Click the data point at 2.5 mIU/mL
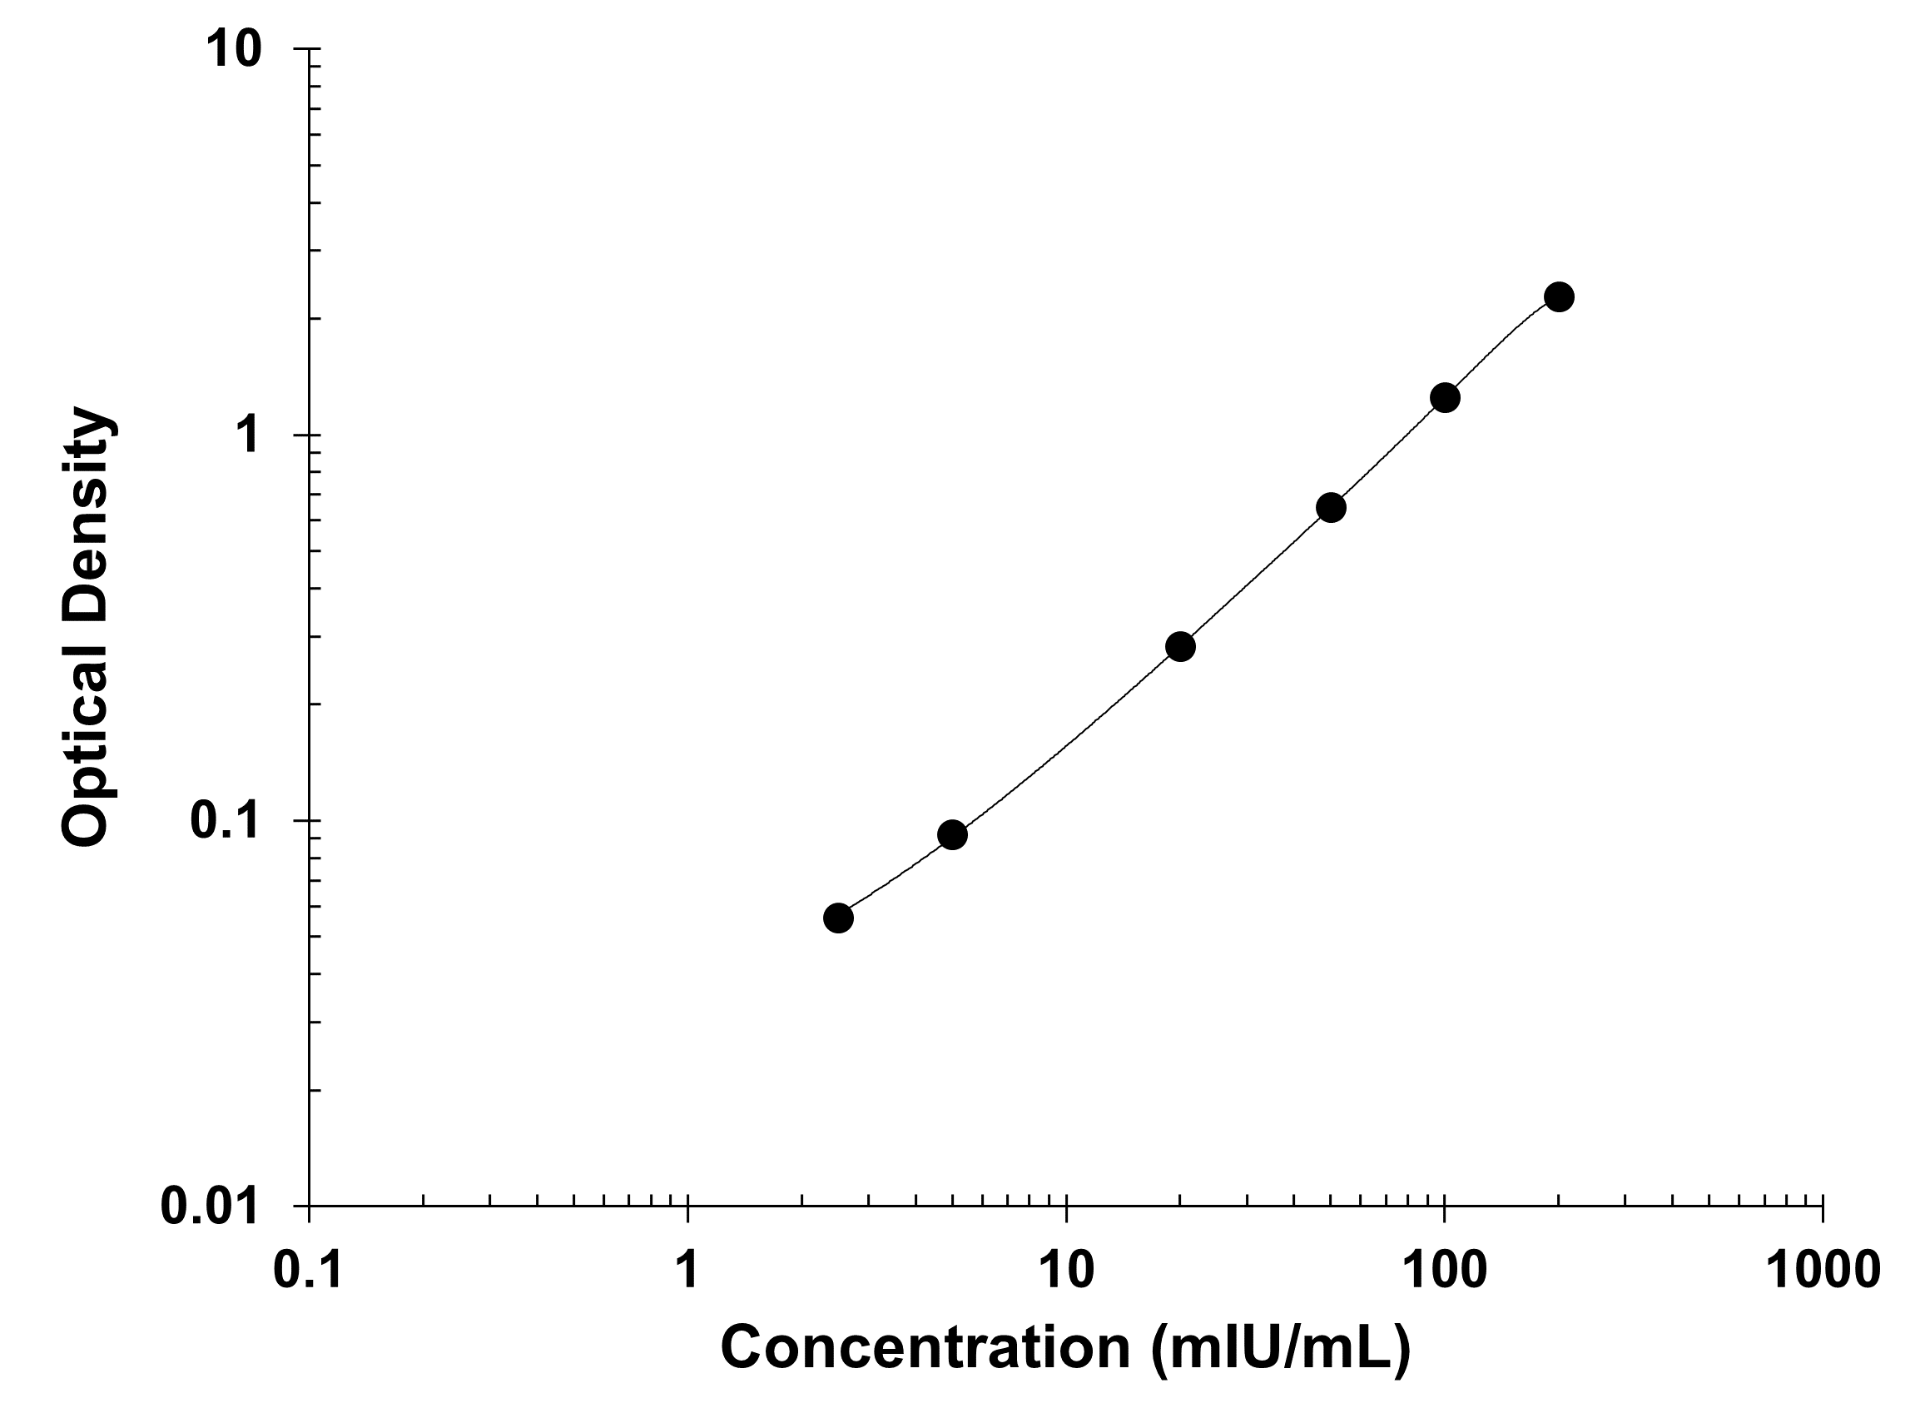(x=837, y=917)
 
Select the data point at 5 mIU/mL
(x=951, y=834)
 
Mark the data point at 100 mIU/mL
(x=1445, y=398)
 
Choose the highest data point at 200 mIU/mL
(x=1559, y=296)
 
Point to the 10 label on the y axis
(x=232, y=50)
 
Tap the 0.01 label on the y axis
(x=210, y=1206)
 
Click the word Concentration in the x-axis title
(x=925, y=1346)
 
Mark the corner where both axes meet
(x=310, y=1205)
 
